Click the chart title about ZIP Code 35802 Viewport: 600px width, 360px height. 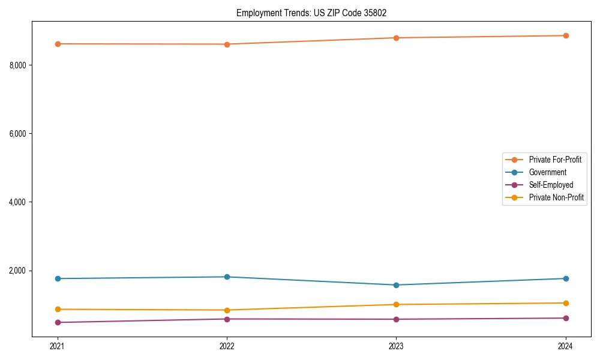[316, 13]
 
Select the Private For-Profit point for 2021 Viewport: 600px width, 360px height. [58, 44]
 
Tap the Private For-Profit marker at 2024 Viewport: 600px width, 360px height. [566, 35]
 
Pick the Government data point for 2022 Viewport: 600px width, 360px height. [227, 277]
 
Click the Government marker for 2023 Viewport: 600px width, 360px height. [396, 285]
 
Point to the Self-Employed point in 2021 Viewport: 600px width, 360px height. [58, 322]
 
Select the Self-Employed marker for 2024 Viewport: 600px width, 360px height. [566, 318]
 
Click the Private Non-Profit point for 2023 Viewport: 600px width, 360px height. [396, 304]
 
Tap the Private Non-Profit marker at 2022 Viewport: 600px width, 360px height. [227, 310]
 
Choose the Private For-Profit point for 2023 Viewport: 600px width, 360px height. [396, 38]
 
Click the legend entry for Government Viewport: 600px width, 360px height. [547, 172]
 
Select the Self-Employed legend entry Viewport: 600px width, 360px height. [551, 185]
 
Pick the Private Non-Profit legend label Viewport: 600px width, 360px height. [556, 197]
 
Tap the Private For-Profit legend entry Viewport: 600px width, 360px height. [555, 160]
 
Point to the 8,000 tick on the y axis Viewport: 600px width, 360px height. [17, 65]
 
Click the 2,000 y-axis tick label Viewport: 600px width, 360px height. [17, 271]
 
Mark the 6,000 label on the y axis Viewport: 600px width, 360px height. [17, 133]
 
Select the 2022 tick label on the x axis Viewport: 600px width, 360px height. [227, 346]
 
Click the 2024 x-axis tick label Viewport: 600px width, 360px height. [566, 346]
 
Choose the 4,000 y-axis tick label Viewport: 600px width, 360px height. [17, 202]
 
